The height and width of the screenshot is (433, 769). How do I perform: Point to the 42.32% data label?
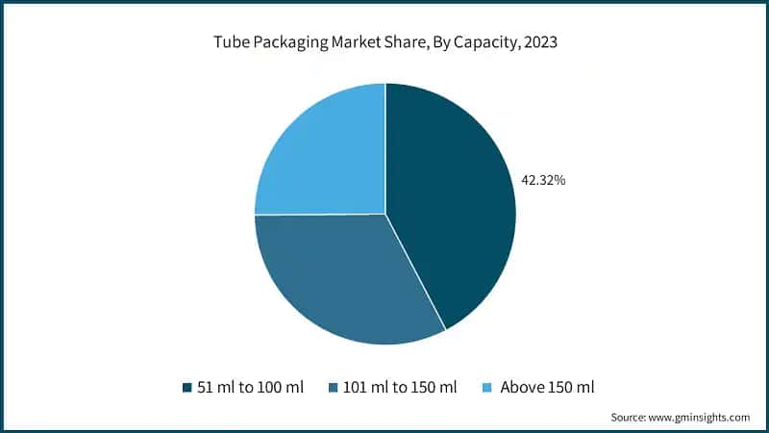tap(543, 179)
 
